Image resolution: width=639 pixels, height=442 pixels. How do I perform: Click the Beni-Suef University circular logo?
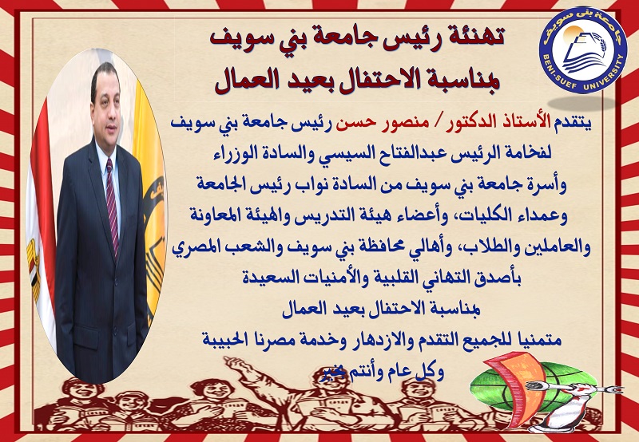pyautogui.click(x=583, y=50)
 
